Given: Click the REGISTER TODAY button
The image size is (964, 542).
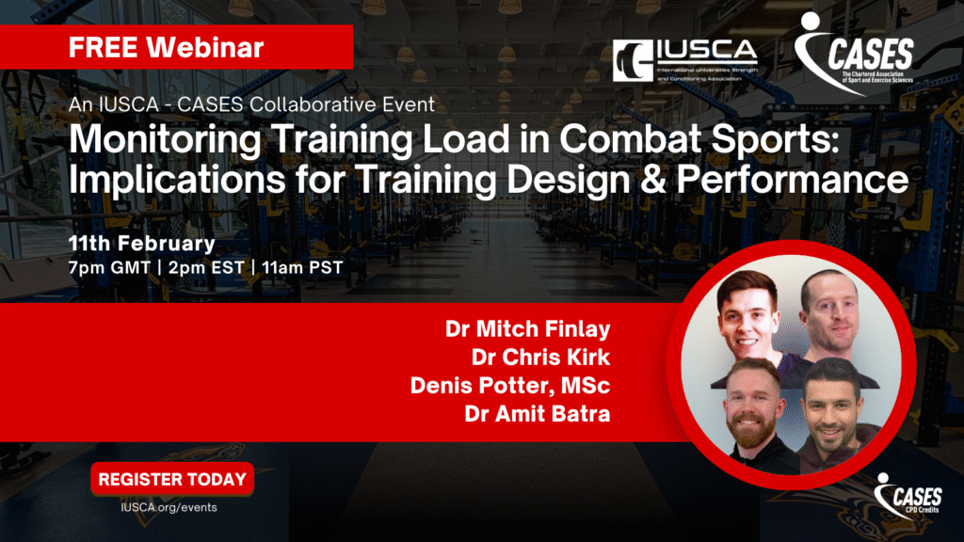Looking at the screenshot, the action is coord(172,479).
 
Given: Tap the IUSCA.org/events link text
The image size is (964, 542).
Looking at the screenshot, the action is coord(169,507).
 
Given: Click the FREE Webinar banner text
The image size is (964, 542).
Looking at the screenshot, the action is coord(166,47).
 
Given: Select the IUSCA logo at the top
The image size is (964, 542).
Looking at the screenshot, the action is coord(685,60).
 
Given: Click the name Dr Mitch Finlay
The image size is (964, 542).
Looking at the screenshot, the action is coord(527,328).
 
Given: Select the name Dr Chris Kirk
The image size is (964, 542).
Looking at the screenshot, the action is coord(540,357).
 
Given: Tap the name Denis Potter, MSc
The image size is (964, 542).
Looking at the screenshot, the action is coord(510,385).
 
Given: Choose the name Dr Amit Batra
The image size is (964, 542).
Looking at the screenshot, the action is coord(538,414).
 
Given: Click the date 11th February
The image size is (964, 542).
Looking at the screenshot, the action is coord(142,244).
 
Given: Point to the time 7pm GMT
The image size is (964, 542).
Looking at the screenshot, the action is coord(109,268).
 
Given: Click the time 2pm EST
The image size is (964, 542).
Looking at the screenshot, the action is coord(206,268).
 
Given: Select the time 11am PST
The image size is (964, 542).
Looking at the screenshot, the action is coord(302,268).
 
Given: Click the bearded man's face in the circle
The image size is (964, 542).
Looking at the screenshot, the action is coord(752,410).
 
